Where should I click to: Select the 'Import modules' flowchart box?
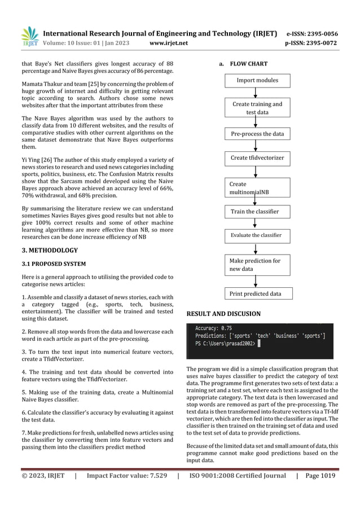(x=257, y=80)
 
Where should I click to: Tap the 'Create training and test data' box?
(x=257, y=108)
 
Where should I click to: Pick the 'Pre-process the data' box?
(x=257, y=134)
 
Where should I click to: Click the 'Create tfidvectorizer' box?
(x=257, y=158)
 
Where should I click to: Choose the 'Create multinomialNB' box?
(x=257, y=188)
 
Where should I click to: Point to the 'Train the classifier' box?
(x=257, y=212)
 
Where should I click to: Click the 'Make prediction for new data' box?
(x=257, y=265)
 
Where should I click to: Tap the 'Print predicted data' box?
(x=257, y=293)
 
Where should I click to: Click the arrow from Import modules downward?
(x=257, y=93)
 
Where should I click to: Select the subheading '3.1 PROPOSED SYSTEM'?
(x=50, y=264)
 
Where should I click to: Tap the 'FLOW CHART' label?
(x=248, y=64)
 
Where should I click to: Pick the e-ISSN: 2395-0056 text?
(x=312, y=33)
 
